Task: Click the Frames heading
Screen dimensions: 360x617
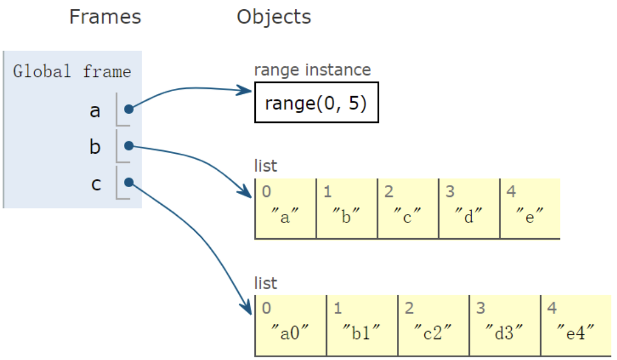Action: click(x=105, y=17)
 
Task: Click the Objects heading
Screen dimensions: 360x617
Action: click(x=273, y=17)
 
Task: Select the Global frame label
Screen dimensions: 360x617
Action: click(x=72, y=72)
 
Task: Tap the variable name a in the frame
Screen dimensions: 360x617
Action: click(x=95, y=110)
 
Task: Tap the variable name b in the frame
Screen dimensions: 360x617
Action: click(x=95, y=147)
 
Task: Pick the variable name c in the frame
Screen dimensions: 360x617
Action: click(x=96, y=184)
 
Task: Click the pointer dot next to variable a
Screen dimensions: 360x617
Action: click(x=128, y=109)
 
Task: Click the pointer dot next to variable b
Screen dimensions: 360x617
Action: click(x=128, y=145)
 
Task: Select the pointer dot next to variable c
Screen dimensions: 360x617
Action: click(x=128, y=182)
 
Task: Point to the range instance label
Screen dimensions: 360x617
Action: click(x=312, y=70)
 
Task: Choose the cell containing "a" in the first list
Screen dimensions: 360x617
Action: click(x=285, y=209)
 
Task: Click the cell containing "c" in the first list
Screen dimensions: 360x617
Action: click(x=408, y=209)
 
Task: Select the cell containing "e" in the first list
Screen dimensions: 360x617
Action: click(x=530, y=209)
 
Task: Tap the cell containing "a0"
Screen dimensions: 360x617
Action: click(x=290, y=326)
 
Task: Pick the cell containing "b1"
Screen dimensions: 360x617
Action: click(x=362, y=326)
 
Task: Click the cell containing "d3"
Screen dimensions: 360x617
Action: click(x=504, y=326)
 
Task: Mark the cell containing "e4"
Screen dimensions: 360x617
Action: click(x=575, y=326)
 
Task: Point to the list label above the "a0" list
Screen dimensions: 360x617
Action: click(x=266, y=284)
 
